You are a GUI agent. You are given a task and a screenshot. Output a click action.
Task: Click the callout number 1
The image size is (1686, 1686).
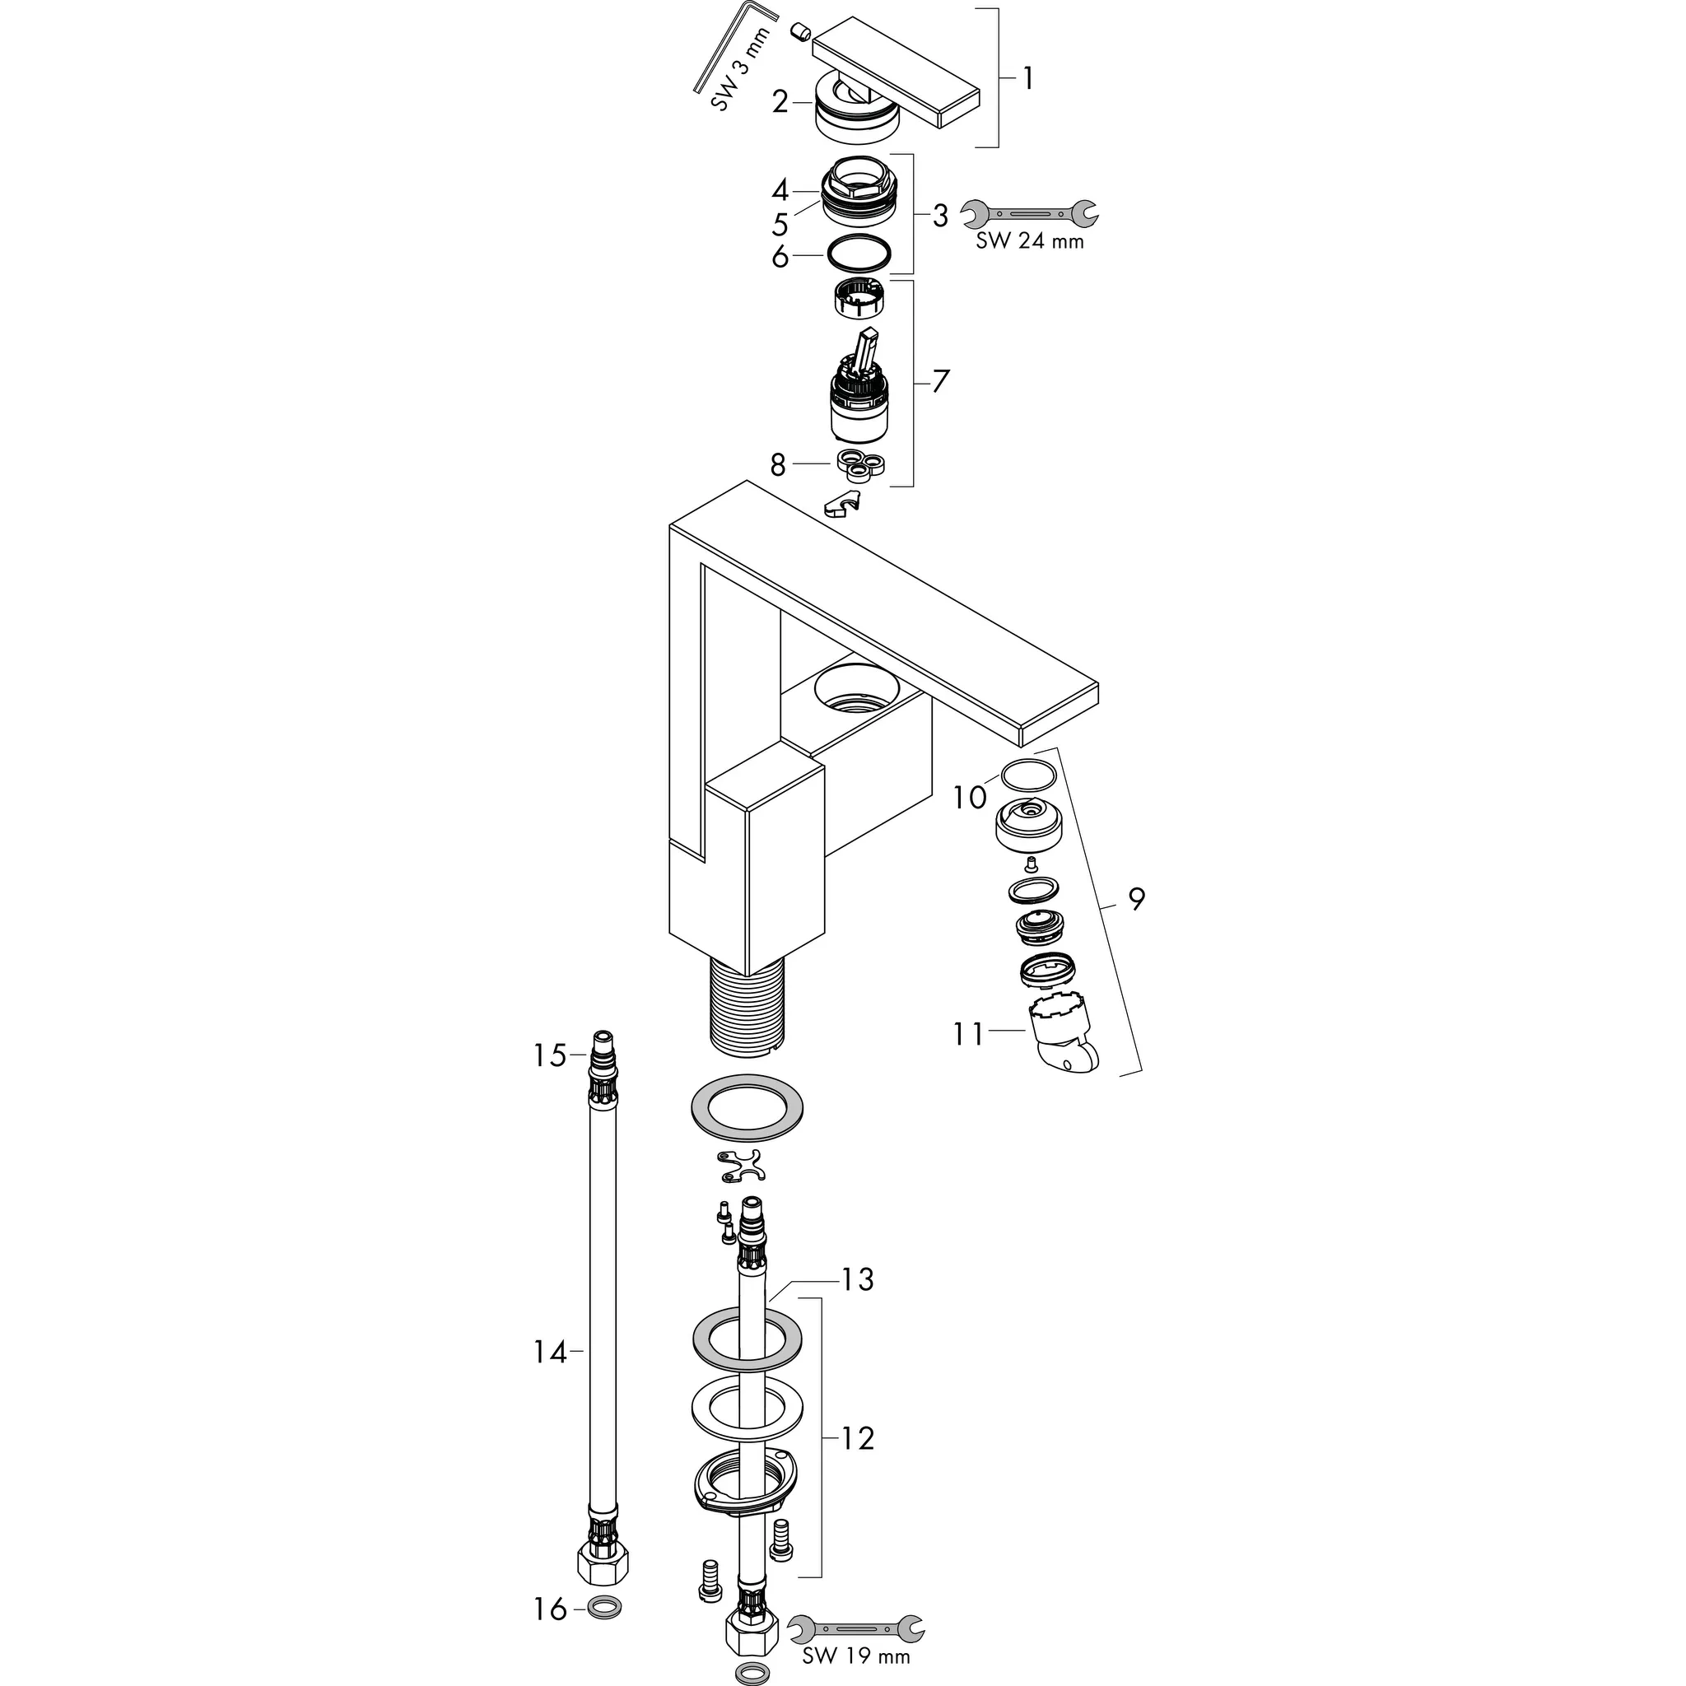tap(1028, 79)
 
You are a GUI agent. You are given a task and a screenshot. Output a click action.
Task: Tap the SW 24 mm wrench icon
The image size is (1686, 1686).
tap(1029, 212)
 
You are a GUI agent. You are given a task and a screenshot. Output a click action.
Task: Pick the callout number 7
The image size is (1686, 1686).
tap(940, 381)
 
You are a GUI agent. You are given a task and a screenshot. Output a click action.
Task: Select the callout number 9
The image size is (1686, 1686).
tap(1135, 898)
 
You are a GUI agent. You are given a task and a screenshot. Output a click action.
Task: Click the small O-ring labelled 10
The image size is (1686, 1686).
tap(1029, 774)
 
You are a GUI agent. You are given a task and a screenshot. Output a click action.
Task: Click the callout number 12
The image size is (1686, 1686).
tap(857, 1437)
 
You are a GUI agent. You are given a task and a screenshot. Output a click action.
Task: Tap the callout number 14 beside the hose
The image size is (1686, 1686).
tap(550, 1353)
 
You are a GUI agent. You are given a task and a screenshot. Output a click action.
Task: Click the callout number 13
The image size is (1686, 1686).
tap(857, 1280)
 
